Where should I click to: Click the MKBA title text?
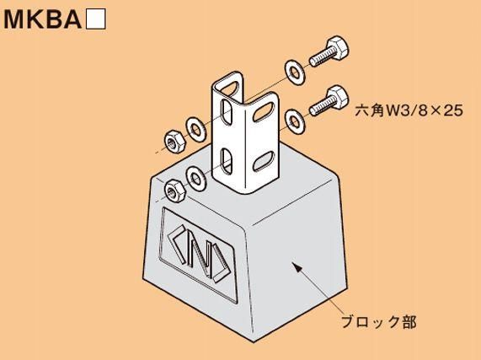pos(42,19)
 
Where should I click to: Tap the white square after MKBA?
pos(96,19)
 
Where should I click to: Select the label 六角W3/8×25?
pos(409,110)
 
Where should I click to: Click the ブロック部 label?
pos(379,322)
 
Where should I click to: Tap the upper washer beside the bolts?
pos(295,73)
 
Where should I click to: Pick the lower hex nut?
pos(175,191)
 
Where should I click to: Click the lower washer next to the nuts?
pos(196,178)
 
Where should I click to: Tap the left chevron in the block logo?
pos(177,244)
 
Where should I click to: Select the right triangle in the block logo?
pos(222,265)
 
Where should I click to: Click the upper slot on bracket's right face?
pos(264,112)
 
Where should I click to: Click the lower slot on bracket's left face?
pos(227,161)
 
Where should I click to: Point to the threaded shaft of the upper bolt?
pos(319,56)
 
